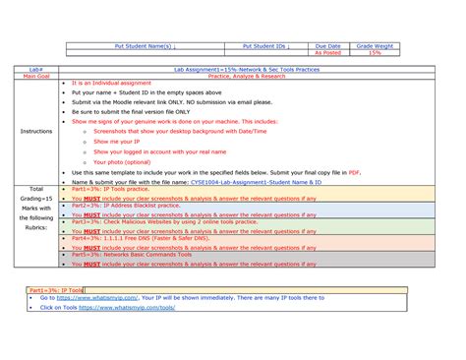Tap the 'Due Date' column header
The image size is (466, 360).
(x=327, y=45)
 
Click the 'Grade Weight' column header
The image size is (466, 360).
(x=375, y=45)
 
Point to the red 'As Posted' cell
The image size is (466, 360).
(x=327, y=52)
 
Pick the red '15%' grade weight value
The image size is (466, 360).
(x=375, y=52)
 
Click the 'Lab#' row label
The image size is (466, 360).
(x=35, y=70)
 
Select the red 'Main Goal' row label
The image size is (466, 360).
(x=35, y=76)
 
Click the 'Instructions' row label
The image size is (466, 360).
(x=35, y=130)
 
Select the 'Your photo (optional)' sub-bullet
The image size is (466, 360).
(x=123, y=161)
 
